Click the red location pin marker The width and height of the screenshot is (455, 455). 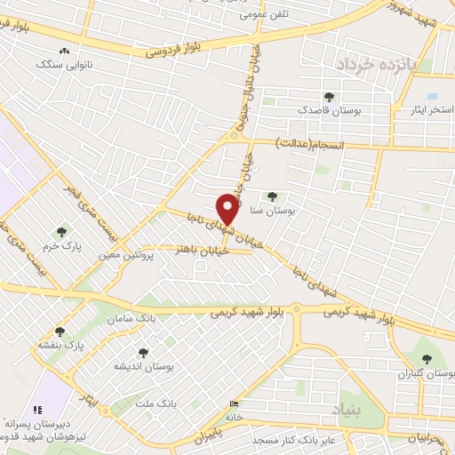click(x=229, y=210)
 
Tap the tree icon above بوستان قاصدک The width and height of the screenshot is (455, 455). click(x=331, y=96)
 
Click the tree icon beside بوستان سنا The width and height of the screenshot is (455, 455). click(x=272, y=197)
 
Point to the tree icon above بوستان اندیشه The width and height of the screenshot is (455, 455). click(x=140, y=353)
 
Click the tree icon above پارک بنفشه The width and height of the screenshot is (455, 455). click(x=60, y=331)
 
